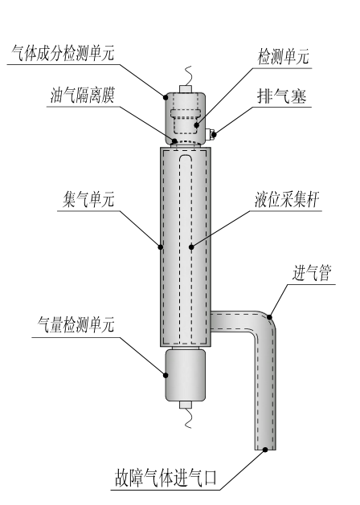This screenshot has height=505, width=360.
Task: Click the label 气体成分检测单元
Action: (x=63, y=53)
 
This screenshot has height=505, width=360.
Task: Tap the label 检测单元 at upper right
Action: (x=284, y=57)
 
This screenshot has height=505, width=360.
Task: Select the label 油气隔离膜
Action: (x=83, y=95)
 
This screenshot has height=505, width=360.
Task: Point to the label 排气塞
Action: (x=281, y=96)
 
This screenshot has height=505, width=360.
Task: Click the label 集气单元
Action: (x=88, y=200)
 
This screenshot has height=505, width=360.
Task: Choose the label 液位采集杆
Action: (x=287, y=200)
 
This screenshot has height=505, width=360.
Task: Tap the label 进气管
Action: (x=312, y=273)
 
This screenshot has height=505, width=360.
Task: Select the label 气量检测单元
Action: (x=76, y=324)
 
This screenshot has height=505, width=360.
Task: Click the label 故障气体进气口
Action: (x=166, y=478)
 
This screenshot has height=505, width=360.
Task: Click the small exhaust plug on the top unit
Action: (x=211, y=133)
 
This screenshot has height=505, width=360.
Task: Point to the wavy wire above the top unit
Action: (x=188, y=76)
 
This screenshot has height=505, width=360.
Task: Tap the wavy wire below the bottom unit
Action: (x=188, y=418)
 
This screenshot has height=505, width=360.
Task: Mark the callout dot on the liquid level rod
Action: (x=191, y=247)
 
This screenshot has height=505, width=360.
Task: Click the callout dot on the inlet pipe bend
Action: (x=269, y=317)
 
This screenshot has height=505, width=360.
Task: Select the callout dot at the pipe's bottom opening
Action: (x=265, y=450)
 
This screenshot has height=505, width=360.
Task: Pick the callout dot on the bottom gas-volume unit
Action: (x=166, y=375)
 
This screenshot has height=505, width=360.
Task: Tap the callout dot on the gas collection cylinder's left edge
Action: (x=161, y=247)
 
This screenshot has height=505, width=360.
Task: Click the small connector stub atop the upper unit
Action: (x=186, y=89)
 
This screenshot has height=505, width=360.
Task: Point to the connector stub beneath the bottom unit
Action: (x=186, y=405)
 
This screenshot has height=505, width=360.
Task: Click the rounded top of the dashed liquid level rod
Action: (x=186, y=157)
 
